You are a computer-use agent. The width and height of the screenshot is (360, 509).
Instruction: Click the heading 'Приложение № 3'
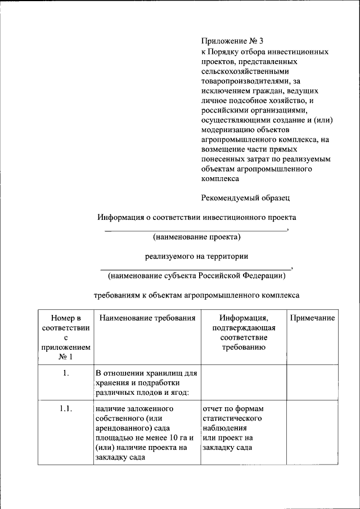pyautogui.click(x=232, y=41)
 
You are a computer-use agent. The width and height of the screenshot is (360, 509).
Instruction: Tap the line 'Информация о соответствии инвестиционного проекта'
pyautogui.click(x=196, y=217)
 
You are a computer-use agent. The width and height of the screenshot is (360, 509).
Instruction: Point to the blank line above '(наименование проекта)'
pyautogui.click(x=195, y=230)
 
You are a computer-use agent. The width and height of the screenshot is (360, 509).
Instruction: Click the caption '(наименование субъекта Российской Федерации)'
pyautogui.click(x=196, y=276)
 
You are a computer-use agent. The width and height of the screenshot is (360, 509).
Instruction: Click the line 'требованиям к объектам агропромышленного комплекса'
pyautogui.click(x=196, y=295)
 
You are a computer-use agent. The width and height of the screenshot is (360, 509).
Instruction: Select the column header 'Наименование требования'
pyautogui.click(x=147, y=318)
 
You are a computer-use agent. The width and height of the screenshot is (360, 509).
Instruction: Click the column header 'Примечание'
pyautogui.click(x=312, y=318)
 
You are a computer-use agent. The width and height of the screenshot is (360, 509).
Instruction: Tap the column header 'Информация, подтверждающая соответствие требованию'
pyautogui.click(x=244, y=332)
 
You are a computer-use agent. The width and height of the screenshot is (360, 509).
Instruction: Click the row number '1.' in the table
pyautogui.click(x=66, y=373)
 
